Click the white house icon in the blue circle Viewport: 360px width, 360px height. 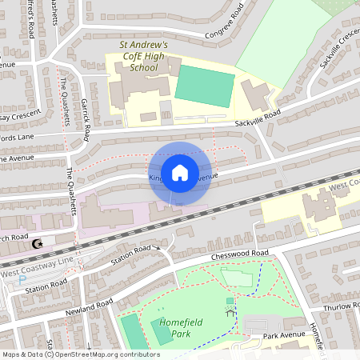tap(180, 172)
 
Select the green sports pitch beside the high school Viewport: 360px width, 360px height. tap(205, 86)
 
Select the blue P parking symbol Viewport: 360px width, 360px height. tap(10, 280)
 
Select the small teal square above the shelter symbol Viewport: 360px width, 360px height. tap(230, 301)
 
